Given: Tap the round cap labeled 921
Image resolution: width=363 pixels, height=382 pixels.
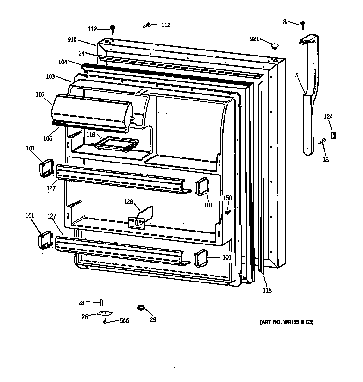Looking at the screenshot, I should [275, 45].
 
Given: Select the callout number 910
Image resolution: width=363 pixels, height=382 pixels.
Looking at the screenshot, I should [72, 40].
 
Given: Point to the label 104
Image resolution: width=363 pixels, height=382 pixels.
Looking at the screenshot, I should [63, 62].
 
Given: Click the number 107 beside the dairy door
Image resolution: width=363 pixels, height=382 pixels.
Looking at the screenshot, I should [40, 95].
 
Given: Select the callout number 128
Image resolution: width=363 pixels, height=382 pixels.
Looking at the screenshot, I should [128, 202].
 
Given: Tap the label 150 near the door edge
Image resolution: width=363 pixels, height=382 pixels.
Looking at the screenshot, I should [227, 198].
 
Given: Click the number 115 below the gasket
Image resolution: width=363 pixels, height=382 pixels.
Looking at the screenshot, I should [267, 290].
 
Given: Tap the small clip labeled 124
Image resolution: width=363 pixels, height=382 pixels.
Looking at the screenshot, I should [334, 135].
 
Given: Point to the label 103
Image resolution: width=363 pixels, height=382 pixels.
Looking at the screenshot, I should [50, 76].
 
